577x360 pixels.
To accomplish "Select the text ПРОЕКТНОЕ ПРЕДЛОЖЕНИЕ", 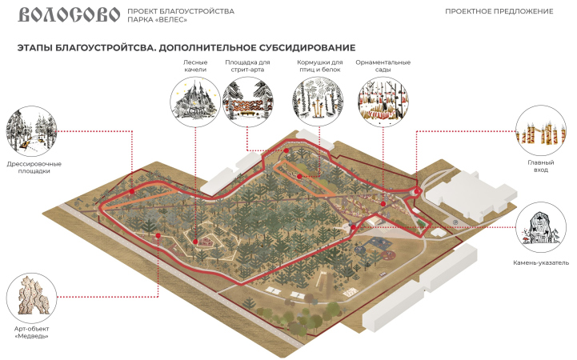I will pos(510,11).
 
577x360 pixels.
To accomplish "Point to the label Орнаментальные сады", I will pos(383,66).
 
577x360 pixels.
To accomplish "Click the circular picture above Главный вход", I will pos(535,130).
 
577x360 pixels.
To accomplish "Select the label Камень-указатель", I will pos(541,262).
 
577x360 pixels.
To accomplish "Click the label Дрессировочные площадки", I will pos(34,166).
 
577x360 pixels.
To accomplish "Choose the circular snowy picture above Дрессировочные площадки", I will pos(31,132).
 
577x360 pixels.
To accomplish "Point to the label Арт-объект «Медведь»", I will pos(32,331).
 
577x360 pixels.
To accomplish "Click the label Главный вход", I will pos(535,166).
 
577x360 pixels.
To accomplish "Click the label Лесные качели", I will pos(195,66).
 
